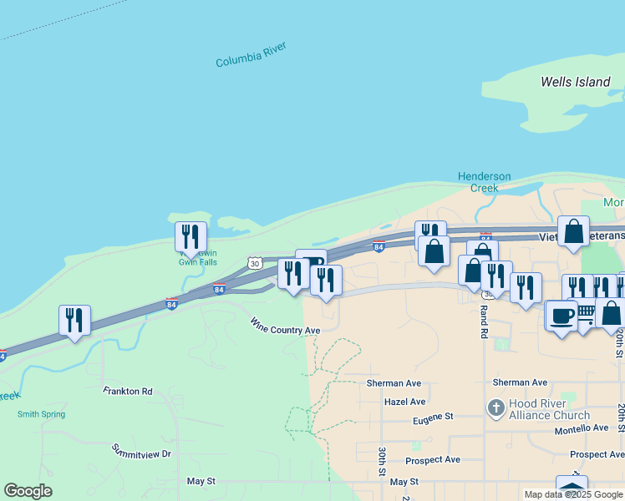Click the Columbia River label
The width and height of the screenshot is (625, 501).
click(x=251, y=55)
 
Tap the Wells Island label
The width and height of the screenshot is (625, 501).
click(x=575, y=82)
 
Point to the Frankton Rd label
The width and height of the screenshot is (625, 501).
click(x=128, y=390)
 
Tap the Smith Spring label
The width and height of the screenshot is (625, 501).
click(x=41, y=413)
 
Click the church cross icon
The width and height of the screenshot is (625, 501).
click(x=495, y=408)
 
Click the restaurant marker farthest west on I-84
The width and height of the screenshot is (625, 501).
click(x=74, y=321)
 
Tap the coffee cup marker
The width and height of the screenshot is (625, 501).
click(x=561, y=316)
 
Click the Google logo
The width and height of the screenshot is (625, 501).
click(x=28, y=491)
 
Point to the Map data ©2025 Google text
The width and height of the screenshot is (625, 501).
click(x=573, y=494)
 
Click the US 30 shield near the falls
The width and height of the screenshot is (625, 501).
click(x=255, y=263)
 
